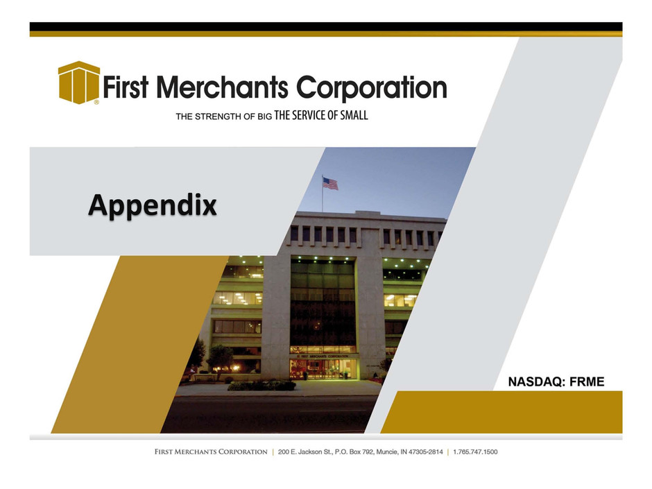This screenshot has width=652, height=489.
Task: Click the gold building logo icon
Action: click(79, 83)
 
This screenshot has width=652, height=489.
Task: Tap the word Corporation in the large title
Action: click(371, 87)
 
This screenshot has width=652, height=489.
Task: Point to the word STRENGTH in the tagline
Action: click(218, 117)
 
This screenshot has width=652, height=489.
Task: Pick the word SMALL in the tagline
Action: click(354, 115)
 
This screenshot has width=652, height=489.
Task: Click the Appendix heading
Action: click(152, 205)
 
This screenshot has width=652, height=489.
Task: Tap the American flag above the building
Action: click(330, 183)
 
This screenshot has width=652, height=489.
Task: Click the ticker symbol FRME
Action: click(586, 381)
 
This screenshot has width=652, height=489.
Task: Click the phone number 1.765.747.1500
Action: click(475, 452)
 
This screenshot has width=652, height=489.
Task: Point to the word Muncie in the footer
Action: click(387, 452)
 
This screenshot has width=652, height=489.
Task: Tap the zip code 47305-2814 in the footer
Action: click(426, 452)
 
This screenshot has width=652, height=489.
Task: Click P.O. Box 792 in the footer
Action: click(354, 452)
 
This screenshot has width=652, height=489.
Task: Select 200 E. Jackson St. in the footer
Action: click(305, 452)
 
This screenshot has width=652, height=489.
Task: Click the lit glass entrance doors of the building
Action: click(323, 369)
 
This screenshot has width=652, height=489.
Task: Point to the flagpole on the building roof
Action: click(323, 194)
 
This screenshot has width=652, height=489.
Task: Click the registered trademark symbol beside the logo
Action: click(96, 102)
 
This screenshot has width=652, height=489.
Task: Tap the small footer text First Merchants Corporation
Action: click(211, 452)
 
